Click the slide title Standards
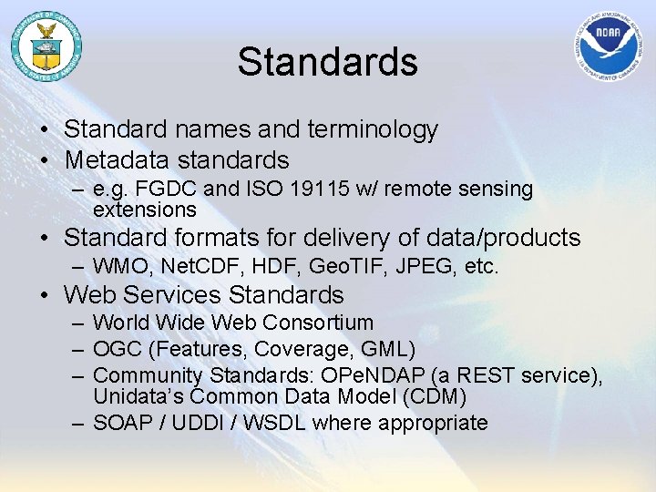[328, 62]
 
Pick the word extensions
[145, 209]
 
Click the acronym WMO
[121, 267]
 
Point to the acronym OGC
[116, 349]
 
